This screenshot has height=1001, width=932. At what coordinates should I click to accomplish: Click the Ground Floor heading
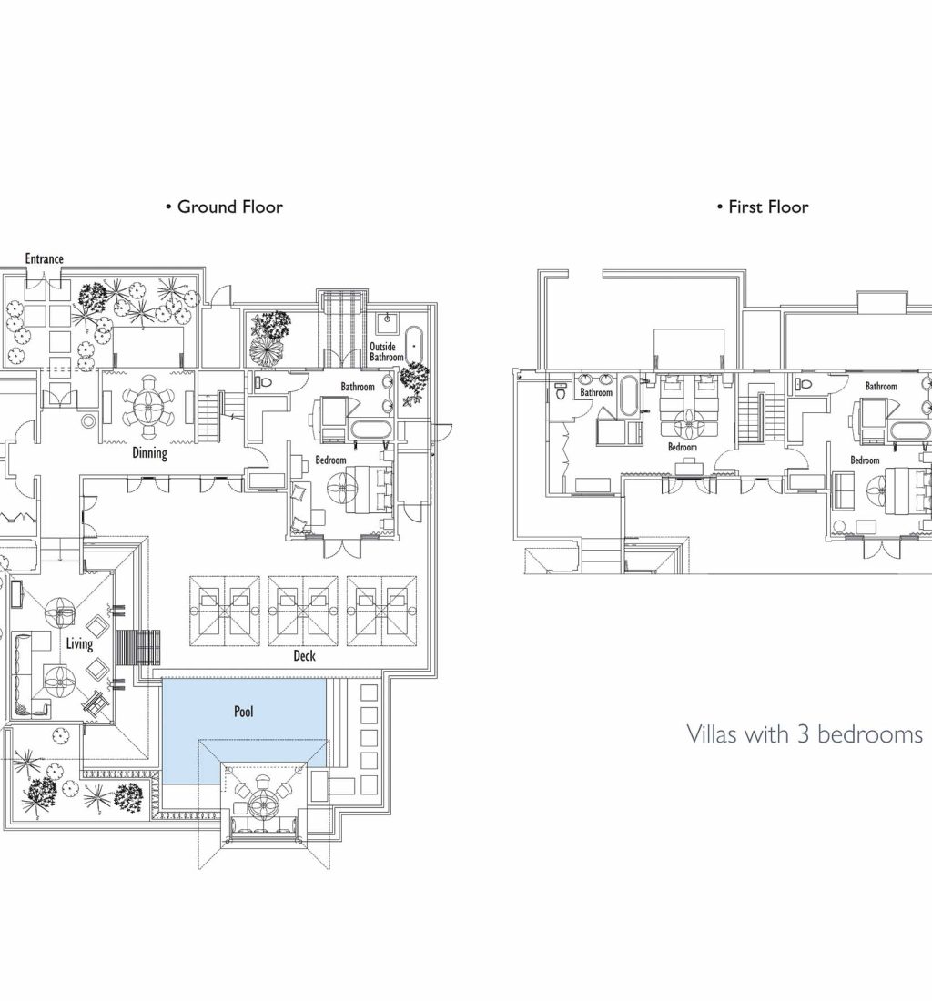tap(224, 207)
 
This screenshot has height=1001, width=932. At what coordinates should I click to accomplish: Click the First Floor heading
tap(763, 207)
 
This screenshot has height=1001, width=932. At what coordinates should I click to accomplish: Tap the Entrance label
tap(44, 258)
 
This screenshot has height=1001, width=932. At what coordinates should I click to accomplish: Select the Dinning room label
tap(150, 453)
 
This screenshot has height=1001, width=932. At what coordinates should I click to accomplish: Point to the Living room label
tap(80, 643)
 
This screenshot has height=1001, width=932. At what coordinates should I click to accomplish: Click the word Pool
tap(244, 712)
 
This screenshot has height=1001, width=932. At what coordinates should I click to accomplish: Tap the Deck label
tap(305, 655)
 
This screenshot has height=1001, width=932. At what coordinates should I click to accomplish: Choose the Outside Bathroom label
tap(386, 352)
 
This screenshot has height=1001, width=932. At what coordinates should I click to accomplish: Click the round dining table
tap(148, 408)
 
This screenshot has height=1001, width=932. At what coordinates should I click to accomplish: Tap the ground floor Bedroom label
tap(330, 460)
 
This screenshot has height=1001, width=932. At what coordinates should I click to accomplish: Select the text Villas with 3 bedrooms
tap(805, 734)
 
